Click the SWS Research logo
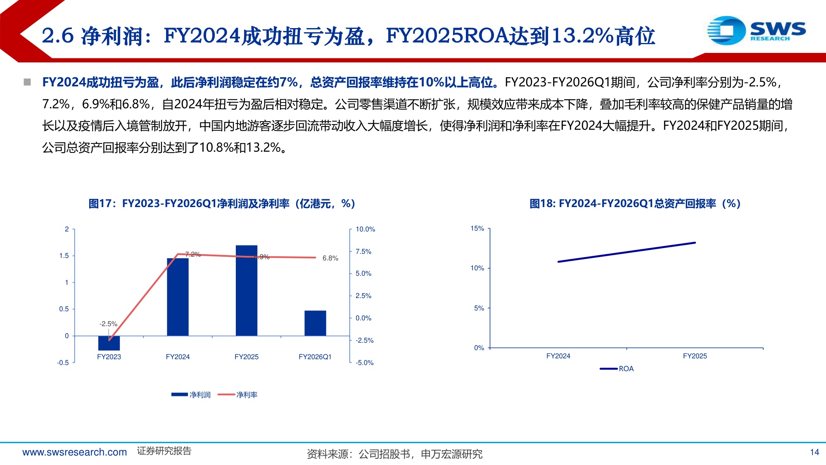click(x=756, y=30)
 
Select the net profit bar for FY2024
click(x=178, y=297)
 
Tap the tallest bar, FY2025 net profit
click(x=247, y=291)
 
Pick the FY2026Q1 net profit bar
click(x=315, y=323)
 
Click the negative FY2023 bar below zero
click(x=109, y=343)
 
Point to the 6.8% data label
click(x=330, y=258)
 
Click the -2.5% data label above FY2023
click(x=108, y=324)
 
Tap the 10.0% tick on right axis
click(x=366, y=229)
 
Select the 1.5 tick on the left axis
click(x=64, y=256)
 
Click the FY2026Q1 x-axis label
click(x=315, y=357)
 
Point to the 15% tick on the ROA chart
click(x=477, y=229)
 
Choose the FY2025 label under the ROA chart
click(x=695, y=356)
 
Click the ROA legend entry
click(x=617, y=369)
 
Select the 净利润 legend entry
click(x=191, y=395)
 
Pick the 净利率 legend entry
click(x=237, y=395)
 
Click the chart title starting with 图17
click(x=222, y=203)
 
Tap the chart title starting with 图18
click(x=635, y=203)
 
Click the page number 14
click(x=814, y=452)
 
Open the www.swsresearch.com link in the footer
click(x=75, y=452)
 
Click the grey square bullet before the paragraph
click(x=27, y=82)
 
